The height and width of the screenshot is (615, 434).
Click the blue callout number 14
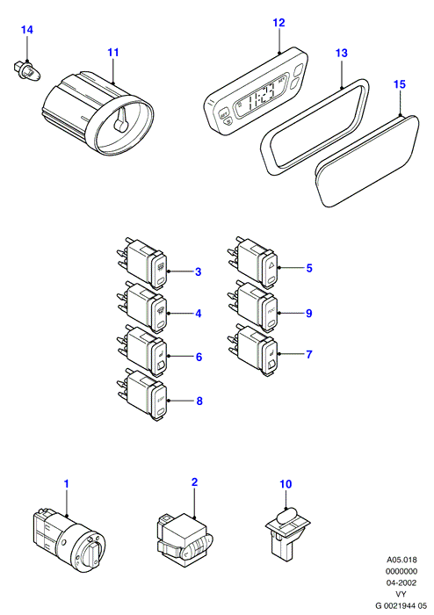[x=27, y=30]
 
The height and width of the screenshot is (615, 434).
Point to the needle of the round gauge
[x=121, y=120]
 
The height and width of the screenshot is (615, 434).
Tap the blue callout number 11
[x=113, y=52]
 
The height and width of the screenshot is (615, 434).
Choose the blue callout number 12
[x=278, y=22]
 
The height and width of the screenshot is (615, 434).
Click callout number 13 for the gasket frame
[x=342, y=53]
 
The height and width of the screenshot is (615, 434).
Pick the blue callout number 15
[x=400, y=84]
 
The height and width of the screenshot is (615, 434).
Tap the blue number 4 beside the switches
[x=199, y=314]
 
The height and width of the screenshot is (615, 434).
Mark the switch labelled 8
[x=143, y=394]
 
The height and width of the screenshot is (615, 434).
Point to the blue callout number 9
[x=309, y=314]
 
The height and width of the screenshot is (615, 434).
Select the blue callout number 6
[x=199, y=357]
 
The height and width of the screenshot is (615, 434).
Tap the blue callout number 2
[x=194, y=482]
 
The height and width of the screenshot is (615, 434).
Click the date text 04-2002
[x=401, y=582]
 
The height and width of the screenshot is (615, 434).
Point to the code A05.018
[x=401, y=560]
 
